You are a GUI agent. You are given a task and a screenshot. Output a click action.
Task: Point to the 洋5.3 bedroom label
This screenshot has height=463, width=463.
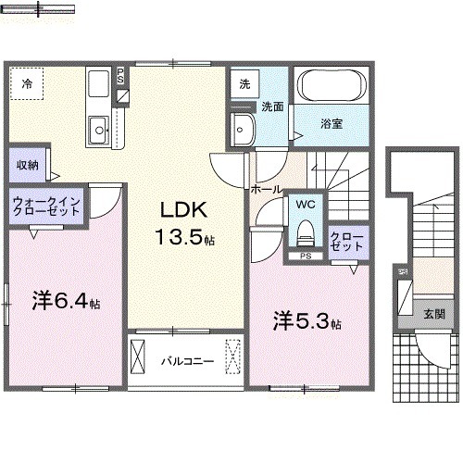click(x=306, y=322)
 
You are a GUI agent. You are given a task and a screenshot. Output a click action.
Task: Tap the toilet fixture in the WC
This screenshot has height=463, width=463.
click(x=305, y=231)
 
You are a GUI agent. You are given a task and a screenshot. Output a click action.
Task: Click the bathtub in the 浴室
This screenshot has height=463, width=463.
click(x=332, y=87)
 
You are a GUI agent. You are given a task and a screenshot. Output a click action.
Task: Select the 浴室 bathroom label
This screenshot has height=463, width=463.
click(x=332, y=123)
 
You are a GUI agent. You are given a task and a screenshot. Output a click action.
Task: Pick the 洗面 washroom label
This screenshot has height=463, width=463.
click(x=270, y=106)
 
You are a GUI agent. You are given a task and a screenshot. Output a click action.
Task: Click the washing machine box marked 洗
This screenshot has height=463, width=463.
click(x=244, y=83)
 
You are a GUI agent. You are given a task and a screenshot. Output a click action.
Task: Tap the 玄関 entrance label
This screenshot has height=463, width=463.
click(x=433, y=314)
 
